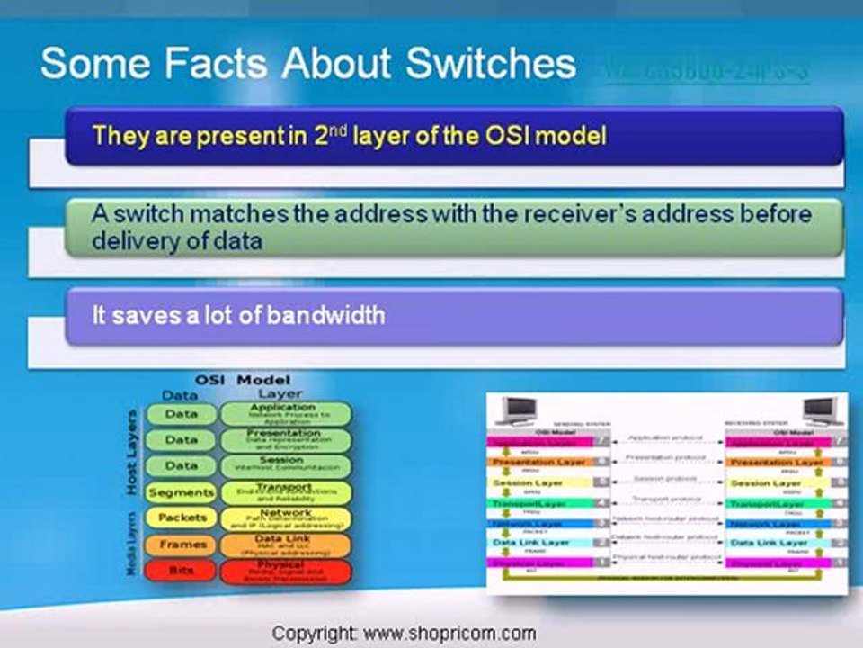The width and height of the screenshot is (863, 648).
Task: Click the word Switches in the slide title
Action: pyautogui.click(x=490, y=65)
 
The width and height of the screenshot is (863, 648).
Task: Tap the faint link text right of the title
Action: pyautogui.click(x=707, y=71)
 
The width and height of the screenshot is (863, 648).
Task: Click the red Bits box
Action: pyautogui.click(x=181, y=571)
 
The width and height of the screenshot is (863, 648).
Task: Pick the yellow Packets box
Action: pyautogui.click(x=182, y=517)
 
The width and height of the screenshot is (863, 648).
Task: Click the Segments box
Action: pyautogui.click(x=181, y=492)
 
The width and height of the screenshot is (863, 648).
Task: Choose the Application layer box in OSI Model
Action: pyautogui.click(x=285, y=413)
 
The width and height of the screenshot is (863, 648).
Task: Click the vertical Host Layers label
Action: pyautogui.click(x=132, y=452)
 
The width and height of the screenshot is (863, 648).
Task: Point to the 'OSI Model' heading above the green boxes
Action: pyautogui.click(x=243, y=380)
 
